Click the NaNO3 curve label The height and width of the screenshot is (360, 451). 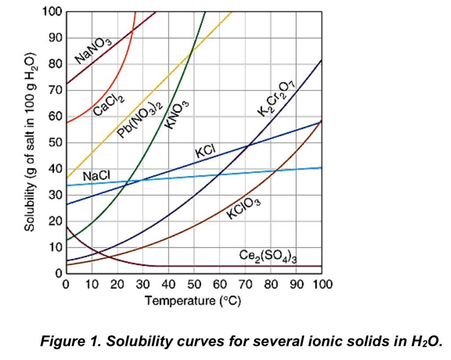[x=93, y=50]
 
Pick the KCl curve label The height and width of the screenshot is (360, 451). [x=206, y=151]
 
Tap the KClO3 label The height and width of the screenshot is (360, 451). [x=244, y=208]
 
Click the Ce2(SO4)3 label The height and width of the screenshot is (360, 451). [x=268, y=256]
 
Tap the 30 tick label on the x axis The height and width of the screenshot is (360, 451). [x=143, y=284]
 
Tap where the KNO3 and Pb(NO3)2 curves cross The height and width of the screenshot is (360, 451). [x=191, y=52]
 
